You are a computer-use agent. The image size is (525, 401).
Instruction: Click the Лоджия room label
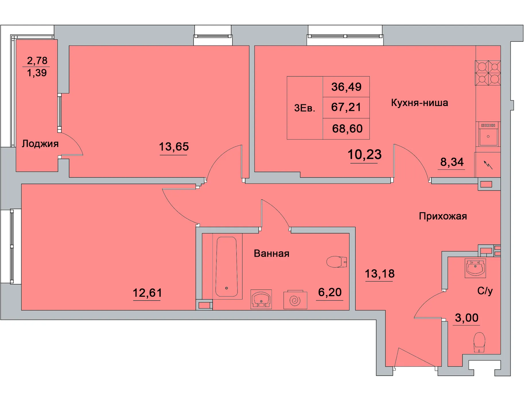click(x=40, y=144)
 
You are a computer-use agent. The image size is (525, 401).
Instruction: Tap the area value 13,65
click(x=174, y=147)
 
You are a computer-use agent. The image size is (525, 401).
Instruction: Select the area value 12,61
click(x=147, y=293)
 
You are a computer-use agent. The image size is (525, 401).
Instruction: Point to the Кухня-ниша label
click(x=419, y=103)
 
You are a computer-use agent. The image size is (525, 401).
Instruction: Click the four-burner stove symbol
click(x=488, y=73)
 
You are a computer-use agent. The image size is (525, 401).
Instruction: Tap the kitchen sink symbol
click(x=488, y=134)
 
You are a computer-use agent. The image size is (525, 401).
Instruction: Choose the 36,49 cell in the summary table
click(x=346, y=87)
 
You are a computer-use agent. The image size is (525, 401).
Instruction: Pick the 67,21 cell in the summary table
click(x=346, y=107)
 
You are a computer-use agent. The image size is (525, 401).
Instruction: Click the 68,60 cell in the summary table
click(x=346, y=129)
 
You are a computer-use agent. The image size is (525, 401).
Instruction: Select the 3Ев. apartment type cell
click(x=305, y=108)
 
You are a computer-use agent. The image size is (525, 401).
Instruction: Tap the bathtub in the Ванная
click(x=227, y=266)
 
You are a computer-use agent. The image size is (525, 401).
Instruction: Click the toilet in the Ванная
click(x=337, y=262)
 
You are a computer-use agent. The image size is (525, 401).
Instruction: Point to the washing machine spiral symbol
click(x=295, y=300)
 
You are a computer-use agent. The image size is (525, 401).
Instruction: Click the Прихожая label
click(x=443, y=216)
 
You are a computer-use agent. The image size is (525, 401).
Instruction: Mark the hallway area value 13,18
click(x=380, y=274)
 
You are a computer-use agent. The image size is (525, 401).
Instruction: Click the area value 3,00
click(x=467, y=318)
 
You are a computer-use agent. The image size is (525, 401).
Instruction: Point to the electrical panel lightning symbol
click(x=488, y=165)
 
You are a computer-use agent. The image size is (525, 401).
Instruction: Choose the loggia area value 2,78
click(x=37, y=60)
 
